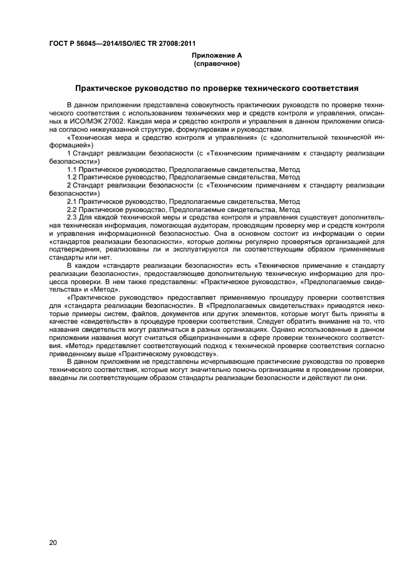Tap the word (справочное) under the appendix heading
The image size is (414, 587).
pyautogui.click(x=216, y=63)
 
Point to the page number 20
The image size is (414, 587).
pyautogui.click(x=53, y=541)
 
